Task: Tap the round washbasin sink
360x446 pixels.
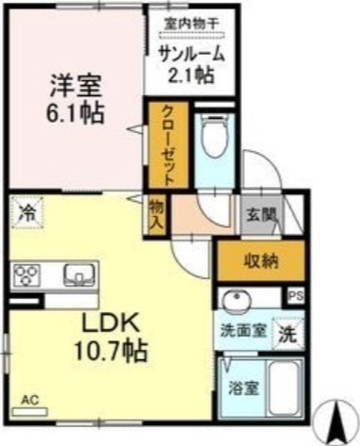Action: pyautogui.click(x=235, y=301)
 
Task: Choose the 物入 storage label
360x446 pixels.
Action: pyautogui.click(x=157, y=216)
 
